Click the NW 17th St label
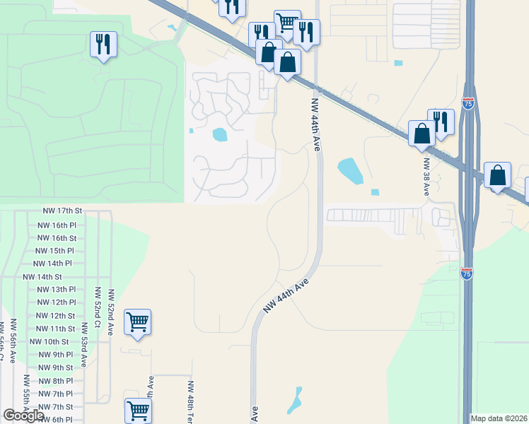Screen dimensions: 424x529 pos(63,211)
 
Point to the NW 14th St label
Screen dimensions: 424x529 pos(42,277)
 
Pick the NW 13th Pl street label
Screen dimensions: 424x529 pos(56,290)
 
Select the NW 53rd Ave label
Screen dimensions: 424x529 pos(84,344)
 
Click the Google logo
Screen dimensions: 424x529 pos(23,416)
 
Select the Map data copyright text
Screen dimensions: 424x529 pos(499,418)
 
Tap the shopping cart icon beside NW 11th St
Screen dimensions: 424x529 pos(138,322)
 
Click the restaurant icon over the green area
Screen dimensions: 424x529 pos(104,45)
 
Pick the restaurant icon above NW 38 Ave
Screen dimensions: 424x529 pos(441,122)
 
